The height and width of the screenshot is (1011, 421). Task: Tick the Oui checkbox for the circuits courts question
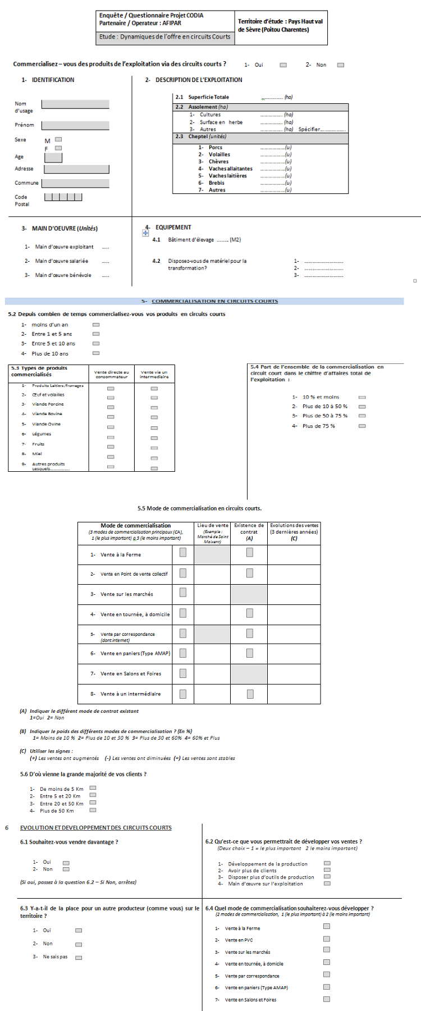(x=283, y=65)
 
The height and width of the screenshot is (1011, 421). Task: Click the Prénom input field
(x=75, y=125)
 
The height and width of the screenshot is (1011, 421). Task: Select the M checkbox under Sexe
(x=58, y=139)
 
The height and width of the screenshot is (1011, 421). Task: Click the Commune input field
(x=75, y=183)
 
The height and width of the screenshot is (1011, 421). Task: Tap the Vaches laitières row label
(x=227, y=176)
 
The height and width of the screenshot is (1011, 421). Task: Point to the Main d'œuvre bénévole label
(x=63, y=275)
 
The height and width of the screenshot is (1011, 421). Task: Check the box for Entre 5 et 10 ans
(x=96, y=343)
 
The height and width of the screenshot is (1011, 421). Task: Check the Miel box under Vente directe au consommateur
(x=111, y=457)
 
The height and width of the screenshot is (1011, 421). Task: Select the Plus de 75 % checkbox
(x=362, y=426)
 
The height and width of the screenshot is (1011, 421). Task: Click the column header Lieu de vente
(x=213, y=526)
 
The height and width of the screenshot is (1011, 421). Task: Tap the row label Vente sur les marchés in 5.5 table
(x=126, y=594)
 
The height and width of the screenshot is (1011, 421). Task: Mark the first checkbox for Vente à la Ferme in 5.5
(x=183, y=553)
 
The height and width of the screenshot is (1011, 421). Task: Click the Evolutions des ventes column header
(x=294, y=529)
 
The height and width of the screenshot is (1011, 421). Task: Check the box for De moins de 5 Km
(x=93, y=788)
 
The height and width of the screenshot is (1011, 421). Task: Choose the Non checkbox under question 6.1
(x=66, y=869)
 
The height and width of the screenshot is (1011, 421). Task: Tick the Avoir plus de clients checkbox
(x=327, y=870)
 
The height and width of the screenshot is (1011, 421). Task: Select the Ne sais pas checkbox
(x=79, y=958)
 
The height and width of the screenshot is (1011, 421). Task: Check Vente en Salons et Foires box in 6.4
(x=327, y=999)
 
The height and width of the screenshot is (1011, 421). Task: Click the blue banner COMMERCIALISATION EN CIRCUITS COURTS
(x=214, y=301)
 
